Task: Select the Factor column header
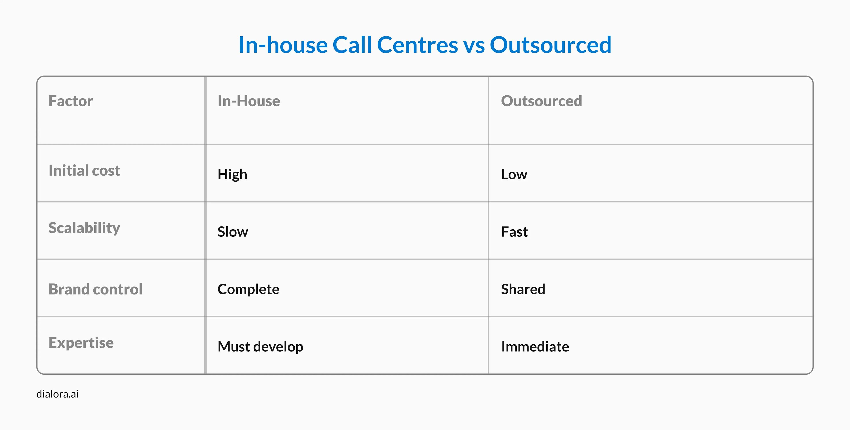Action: point(71,101)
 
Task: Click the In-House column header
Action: point(249,101)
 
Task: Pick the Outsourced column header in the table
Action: point(541,101)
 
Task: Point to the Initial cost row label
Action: point(85,171)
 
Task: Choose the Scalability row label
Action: point(85,228)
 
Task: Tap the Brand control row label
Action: point(96,289)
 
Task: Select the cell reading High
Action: point(232,174)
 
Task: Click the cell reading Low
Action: point(514,174)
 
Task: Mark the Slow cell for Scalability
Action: point(233,232)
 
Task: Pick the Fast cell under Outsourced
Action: point(514,232)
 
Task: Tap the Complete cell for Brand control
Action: point(248,289)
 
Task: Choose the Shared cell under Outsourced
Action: point(523,289)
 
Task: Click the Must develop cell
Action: point(260,347)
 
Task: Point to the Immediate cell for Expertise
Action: point(535,347)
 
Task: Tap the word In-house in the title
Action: point(283,45)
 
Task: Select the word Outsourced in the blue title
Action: point(550,45)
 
